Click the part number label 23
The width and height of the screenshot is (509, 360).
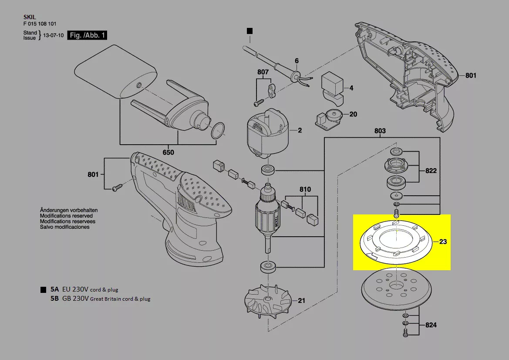[x=443, y=241]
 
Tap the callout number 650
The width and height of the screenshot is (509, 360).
[x=168, y=153]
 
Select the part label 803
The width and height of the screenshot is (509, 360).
[x=380, y=131]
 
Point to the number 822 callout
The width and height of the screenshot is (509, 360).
[x=431, y=170]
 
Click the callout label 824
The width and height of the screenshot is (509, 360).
[x=431, y=325]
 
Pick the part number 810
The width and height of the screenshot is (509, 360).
[x=305, y=189]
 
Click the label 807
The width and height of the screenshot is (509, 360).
[x=263, y=72]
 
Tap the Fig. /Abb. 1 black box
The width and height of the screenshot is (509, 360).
[x=87, y=35]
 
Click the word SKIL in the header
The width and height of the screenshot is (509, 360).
[x=30, y=17]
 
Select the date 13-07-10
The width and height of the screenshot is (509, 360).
[x=54, y=35]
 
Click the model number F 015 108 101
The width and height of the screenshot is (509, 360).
[x=40, y=24]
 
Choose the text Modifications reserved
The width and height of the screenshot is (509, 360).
[x=66, y=216]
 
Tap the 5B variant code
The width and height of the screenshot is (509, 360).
[x=54, y=298]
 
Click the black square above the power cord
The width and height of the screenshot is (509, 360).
[x=249, y=31]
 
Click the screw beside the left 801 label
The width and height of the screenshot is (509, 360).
[x=117, y=187]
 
